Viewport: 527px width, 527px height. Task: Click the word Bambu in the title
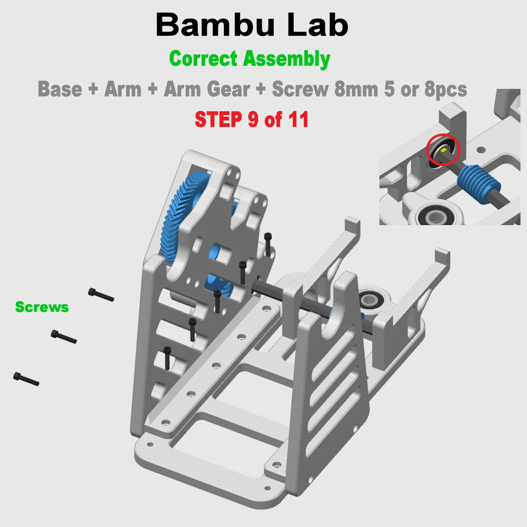point(215,25)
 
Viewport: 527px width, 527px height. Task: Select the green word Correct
point(203,58)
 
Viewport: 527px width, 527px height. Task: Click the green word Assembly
point(287,59)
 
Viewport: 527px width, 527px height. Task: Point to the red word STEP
point(218,119)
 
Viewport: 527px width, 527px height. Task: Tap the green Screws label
point(42,307)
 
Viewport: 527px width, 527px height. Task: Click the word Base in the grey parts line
point(60,89)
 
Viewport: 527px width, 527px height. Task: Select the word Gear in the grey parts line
point(228,89)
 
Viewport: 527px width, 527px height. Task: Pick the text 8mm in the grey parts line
point(356,89)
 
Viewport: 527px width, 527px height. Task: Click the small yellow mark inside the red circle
point(444,150)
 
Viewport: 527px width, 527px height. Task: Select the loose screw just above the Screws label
point(101,295)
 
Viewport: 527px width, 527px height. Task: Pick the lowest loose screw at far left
point(26,379)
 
